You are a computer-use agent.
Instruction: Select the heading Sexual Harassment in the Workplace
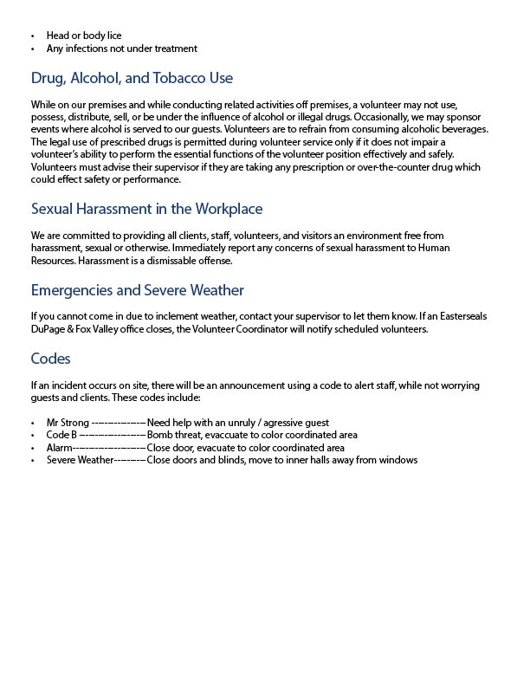pyautogui.click(x=146, y=209)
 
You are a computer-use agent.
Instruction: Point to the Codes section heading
pyautogui.click(x=50, y=358)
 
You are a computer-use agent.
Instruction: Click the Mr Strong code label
pyautogui.click(x=67, y=422)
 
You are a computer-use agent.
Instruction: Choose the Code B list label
pyautogui.click(x=61, y=435)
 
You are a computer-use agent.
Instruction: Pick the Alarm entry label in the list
pyautogui.click(x=60, y=448)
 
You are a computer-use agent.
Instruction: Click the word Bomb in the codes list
pyautogui.click(x=160, y=435)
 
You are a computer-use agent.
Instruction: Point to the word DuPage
pyautogui.click(x=48, y=328)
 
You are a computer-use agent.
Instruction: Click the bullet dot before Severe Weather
pyautogui.click(x=33, y=461)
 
